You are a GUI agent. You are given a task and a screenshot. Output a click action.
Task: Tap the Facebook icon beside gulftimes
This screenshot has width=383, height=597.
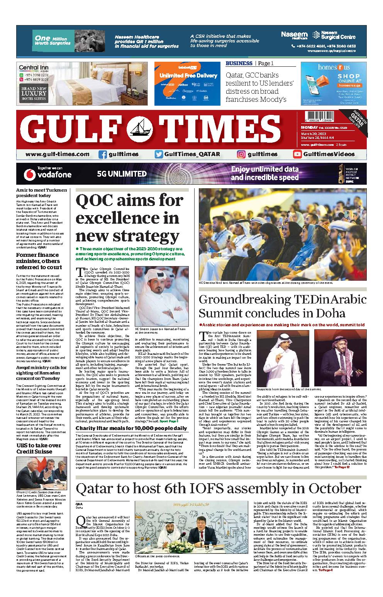[103, 154]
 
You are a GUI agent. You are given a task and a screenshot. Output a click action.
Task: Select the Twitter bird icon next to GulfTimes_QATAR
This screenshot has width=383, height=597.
[159, 154]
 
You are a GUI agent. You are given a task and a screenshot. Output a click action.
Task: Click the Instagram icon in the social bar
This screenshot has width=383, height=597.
[241, 154]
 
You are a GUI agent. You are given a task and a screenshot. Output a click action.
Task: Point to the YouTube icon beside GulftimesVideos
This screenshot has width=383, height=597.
[297, 154]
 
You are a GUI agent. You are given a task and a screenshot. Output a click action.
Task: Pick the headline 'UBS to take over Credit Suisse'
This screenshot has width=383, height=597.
[39, 448]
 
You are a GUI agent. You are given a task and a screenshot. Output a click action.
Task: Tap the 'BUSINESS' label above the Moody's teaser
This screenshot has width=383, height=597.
[239, 63]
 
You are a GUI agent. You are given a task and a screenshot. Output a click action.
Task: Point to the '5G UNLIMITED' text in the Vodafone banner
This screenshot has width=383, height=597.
[122, 174]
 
